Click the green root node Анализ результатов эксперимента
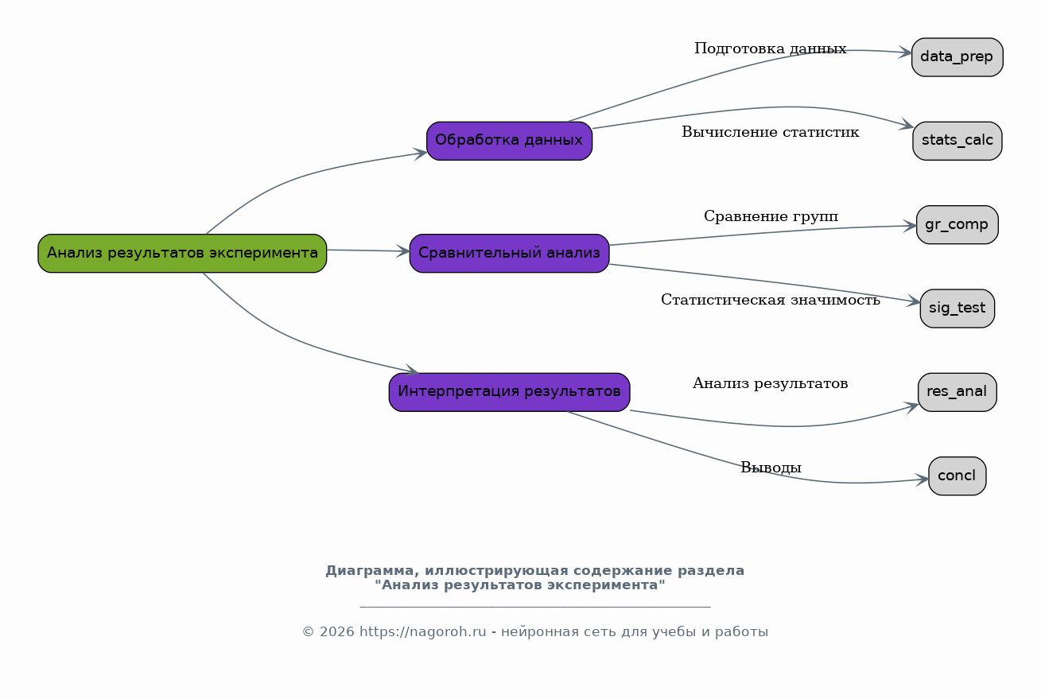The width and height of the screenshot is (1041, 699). click(x=182, y=253)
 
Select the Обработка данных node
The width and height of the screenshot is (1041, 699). click(x=509, y=141)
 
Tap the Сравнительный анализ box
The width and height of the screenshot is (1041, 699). click(x=509, y=253)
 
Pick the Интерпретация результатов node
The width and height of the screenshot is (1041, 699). click(x=509, y=392)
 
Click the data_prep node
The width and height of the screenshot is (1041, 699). click(x=957, y=57)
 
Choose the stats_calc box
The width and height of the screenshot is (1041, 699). click(x=957, y=141)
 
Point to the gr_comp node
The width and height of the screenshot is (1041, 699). click(x=957, y=224)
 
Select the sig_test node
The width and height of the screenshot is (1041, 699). click(x=957, y=309)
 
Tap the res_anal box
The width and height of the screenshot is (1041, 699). click(x=957, y=392)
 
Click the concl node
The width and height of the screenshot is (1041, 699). click(x=957, y=476)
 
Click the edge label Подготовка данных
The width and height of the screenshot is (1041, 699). click(x=770, y=49)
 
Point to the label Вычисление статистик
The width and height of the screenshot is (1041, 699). click(x=770, y=132)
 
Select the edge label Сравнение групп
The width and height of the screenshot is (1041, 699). click(x=771, y=216)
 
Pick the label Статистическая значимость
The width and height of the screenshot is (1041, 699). click(x=770, y=300)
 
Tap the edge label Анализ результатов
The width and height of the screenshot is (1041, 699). click(x=770, y=383)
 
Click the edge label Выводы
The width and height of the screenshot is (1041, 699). click(x=771, y=468)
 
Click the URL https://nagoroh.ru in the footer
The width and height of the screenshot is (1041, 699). click(x=422, y=632)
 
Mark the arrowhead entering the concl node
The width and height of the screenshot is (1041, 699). click(x=922, y=480)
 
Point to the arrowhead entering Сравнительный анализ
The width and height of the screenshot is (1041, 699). click(x=403, y=251)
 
